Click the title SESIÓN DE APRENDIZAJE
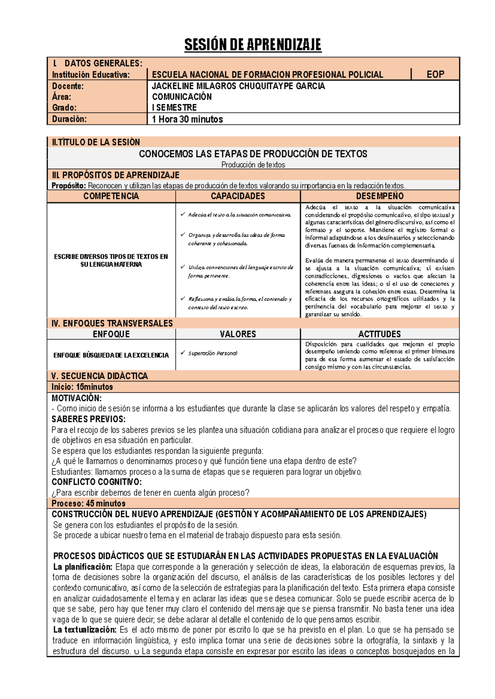252,45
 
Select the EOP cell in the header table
435,75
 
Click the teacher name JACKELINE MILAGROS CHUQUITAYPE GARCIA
238,86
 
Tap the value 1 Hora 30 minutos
187,120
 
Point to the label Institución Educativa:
91,75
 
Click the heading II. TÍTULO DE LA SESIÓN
96,142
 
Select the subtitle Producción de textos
253,165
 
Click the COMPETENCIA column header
111,196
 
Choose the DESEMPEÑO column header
379,196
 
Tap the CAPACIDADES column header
238,196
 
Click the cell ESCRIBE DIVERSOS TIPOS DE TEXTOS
111,260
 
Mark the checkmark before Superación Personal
183,353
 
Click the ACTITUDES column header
379,334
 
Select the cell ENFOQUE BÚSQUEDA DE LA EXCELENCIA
111,355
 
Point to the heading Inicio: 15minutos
82,387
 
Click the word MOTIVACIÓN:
76,398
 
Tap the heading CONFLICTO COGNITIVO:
97,482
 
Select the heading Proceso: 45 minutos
88,503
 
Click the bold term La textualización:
85,630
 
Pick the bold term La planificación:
83,567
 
